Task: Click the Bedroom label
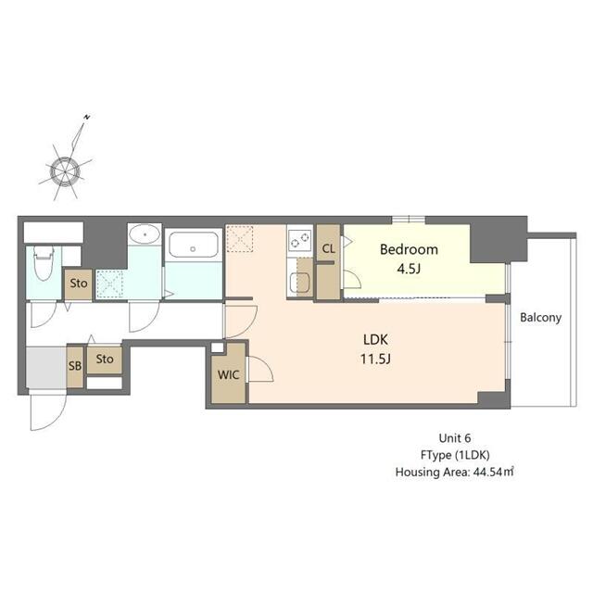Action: [408, 250]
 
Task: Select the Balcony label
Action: [540, 318]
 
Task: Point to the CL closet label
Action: [329, 248]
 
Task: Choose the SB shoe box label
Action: [73, 365]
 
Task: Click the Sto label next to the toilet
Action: [79, 284]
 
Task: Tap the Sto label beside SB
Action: [105, 359]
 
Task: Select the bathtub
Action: [194, 246]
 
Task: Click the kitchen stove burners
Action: [300, 242]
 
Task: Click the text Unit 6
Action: [455, 437]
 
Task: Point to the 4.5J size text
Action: [408, 269]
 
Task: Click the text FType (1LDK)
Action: [455, 454]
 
